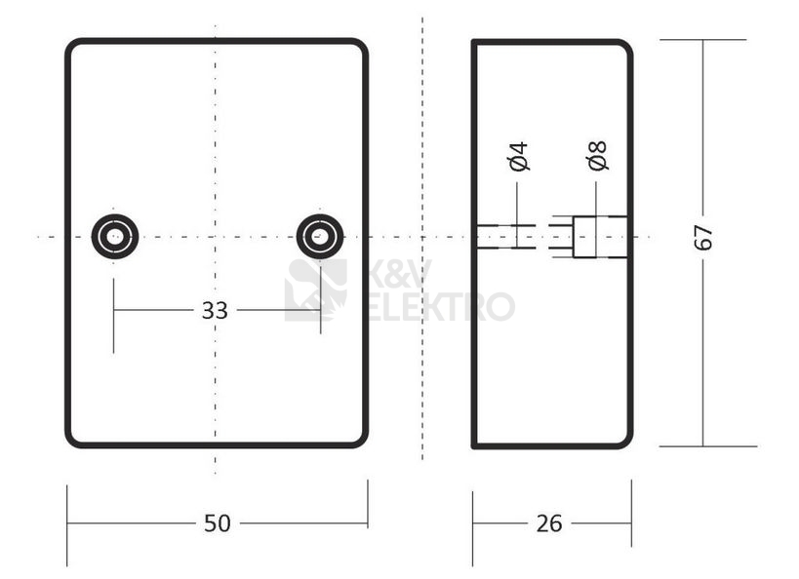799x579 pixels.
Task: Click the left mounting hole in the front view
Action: [114, 236]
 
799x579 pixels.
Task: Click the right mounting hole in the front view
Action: [320, 236]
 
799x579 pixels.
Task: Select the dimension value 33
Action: [215, 310]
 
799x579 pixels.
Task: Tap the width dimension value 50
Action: [218, 523]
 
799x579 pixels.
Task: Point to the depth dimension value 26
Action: [549, 523]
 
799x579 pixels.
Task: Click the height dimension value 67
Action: [703, 237]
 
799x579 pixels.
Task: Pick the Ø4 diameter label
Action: [518, 156]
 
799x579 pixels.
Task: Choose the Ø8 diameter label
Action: [597, 156]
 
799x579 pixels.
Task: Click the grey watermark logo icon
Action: [315, 289]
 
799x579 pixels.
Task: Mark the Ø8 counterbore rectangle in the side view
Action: [599, 237]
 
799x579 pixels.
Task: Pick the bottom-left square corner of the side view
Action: [474, 445]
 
